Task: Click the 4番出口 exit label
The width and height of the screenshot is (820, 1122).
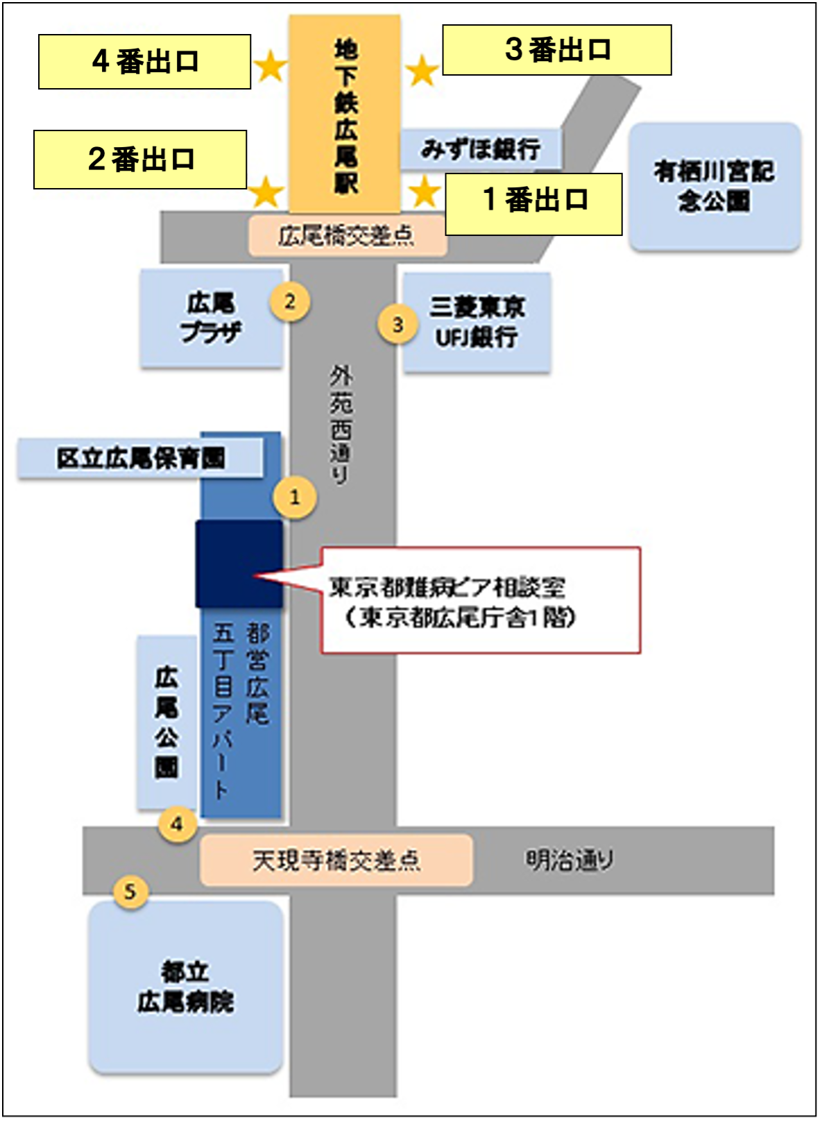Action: point(144,62)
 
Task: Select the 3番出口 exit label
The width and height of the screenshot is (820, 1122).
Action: point(556,50)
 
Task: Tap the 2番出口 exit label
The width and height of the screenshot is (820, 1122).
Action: point(140,160)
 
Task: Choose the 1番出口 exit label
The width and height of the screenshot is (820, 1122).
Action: point(533,204)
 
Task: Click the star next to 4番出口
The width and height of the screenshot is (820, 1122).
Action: point(270,67)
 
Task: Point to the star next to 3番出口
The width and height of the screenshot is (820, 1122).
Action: point(422,71)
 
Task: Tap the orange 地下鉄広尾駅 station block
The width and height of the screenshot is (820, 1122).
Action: point(345,114)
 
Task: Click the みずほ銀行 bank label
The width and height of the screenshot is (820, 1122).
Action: point(480,149)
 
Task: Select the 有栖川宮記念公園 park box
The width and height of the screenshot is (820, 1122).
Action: point(715,187)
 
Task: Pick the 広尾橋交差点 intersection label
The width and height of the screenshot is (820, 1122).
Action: point(347,236)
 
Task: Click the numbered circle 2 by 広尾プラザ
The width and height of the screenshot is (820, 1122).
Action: point(290,302)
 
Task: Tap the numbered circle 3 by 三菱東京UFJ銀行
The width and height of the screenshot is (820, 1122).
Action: point(398,325)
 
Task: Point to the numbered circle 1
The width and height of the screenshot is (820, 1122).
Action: point(295,497)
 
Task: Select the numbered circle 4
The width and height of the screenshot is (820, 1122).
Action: point(177,824)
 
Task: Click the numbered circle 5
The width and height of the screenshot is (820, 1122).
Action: point(130,891)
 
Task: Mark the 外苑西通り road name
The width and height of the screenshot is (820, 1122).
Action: point(341,425)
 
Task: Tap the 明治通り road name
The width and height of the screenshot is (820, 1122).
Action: point(569,860)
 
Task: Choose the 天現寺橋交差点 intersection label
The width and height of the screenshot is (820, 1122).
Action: point(336,860)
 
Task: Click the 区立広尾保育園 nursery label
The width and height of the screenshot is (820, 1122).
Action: point(141,458)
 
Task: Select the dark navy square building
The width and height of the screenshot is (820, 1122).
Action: point(239,564)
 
